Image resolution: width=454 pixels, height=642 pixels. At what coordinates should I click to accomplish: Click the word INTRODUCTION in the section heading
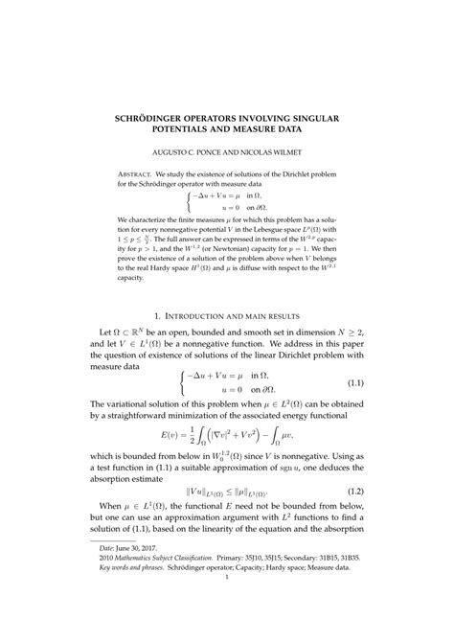coord(201,315)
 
